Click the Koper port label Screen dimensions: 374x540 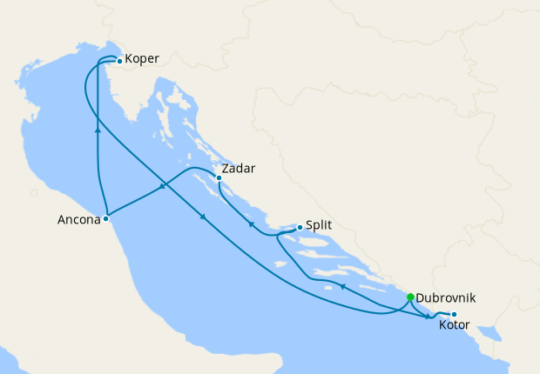coord(142,61)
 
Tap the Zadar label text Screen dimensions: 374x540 coord(239,168)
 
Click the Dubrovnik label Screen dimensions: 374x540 coord(446,297)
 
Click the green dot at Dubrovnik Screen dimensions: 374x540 coord(410,297)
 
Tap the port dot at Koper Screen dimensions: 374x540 coord(119,61)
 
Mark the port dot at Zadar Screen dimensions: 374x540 coord(218,178)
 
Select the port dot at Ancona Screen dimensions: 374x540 coord(105,218)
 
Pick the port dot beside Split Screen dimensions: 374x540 coord(300,228)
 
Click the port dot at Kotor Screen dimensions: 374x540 coord(454,313)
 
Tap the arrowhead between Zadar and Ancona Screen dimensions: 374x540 coord(163,186)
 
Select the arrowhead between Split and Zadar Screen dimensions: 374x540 coord(252,224)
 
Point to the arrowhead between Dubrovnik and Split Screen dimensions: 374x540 coord(342,284)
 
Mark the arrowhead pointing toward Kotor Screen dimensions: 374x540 coord(429,317)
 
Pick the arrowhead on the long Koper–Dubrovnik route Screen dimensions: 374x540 coord(204,217)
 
